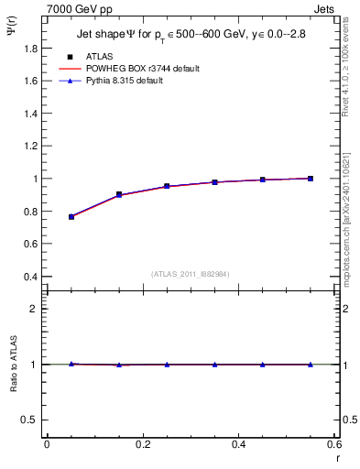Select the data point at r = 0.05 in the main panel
(x=71, y=217)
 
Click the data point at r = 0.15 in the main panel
(x=119, y=194)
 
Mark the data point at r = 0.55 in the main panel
(x=311, y=179)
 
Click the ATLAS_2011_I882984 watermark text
(x=190, y=274)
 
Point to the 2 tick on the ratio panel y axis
(x=34, y=309)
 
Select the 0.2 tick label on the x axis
(x=142, y=444)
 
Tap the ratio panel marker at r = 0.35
(x=214, y=365)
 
